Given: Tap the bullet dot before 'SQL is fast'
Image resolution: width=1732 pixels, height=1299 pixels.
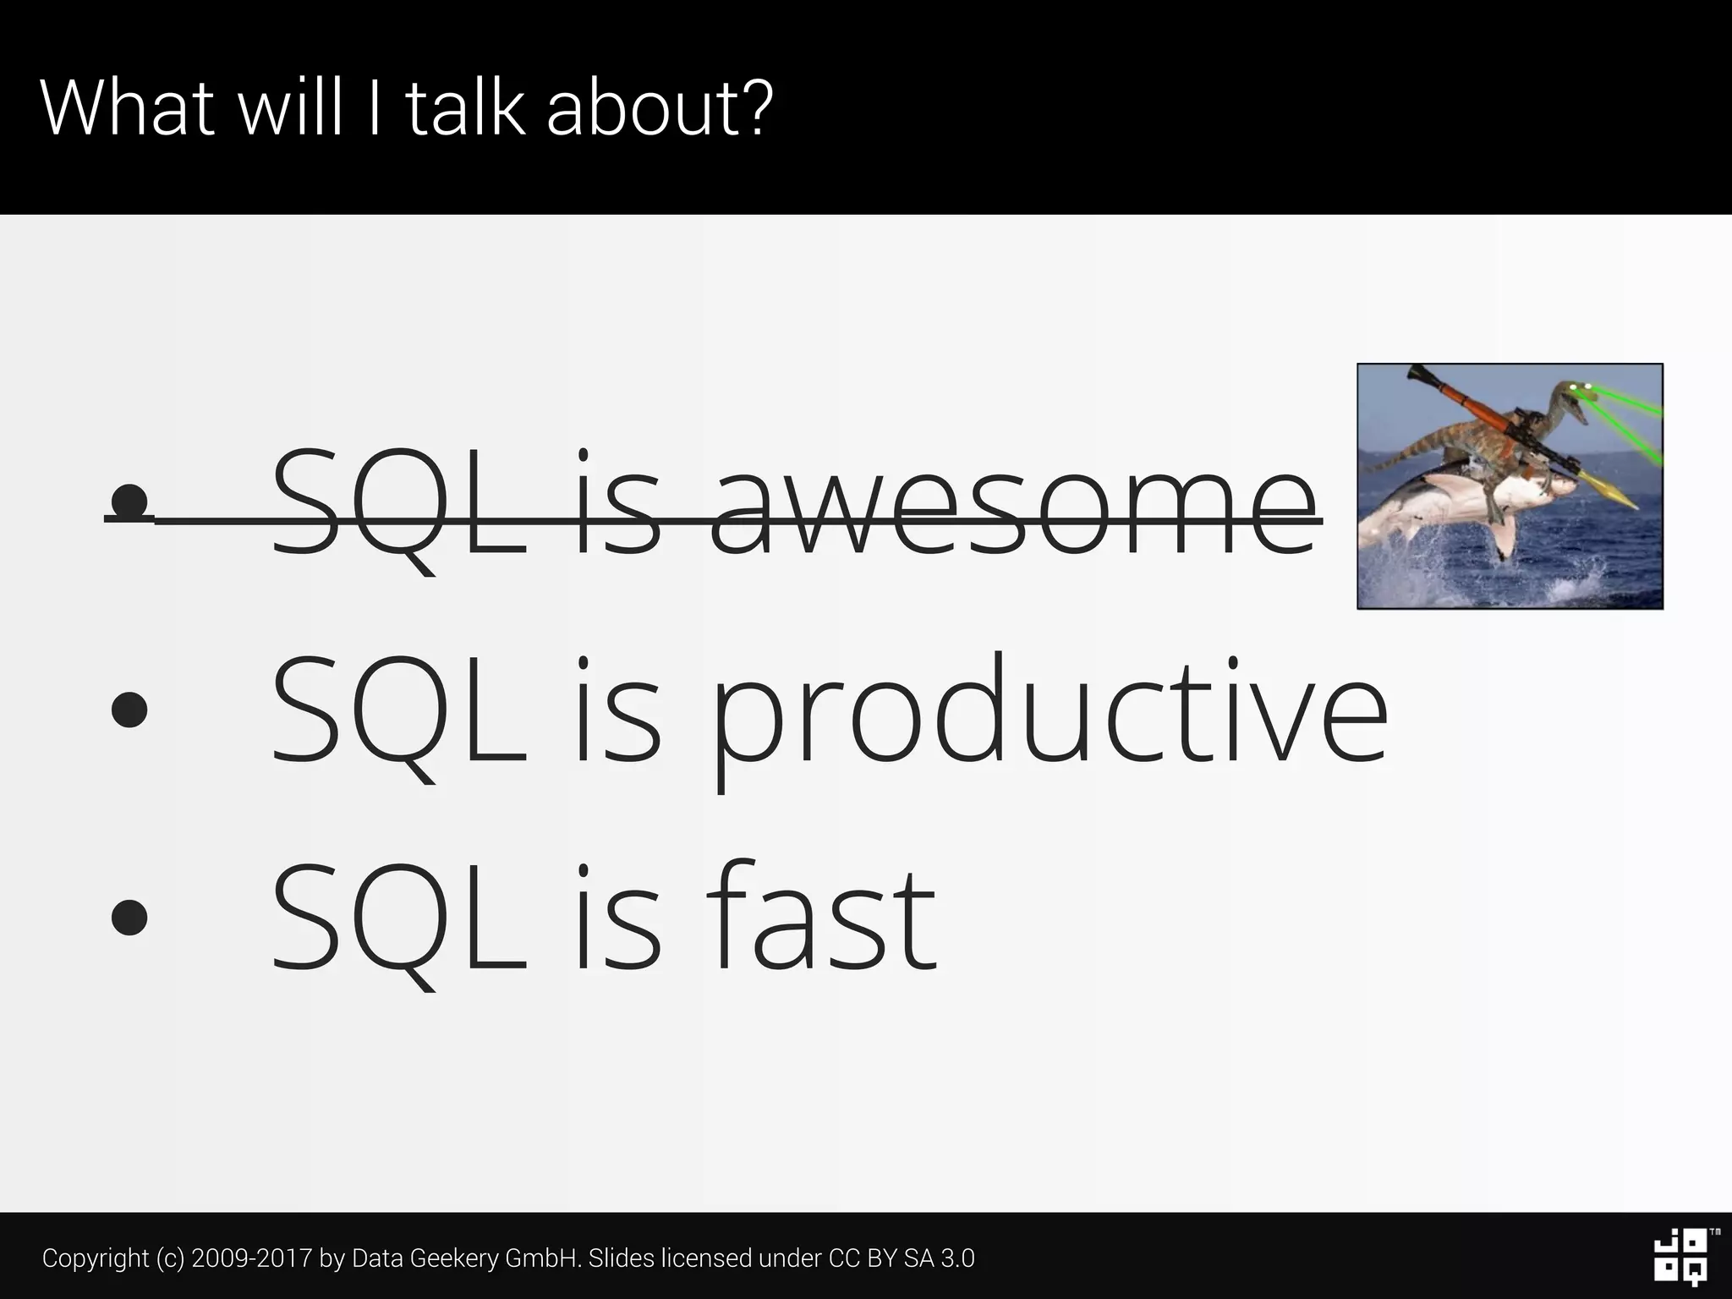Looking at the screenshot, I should pos(129,918).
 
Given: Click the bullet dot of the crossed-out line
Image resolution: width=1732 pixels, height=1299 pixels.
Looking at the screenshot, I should pos(129,501).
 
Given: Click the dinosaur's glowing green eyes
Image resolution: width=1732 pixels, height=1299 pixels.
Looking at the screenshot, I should pos(1580,388).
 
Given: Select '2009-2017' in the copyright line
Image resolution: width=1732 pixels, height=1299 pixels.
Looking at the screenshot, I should pos(252,1258).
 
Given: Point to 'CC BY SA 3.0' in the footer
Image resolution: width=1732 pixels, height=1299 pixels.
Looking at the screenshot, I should pos(902,1258).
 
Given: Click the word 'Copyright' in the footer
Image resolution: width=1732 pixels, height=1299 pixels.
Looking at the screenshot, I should pos(96,1258).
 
